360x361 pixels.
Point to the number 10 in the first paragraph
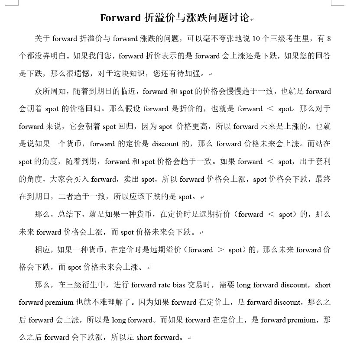(x=255, y=39)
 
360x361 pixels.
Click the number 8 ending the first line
(x=329, y=39)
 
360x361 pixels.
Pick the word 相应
(x=42, y=250)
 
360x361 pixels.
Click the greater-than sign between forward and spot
(x=221, y=250)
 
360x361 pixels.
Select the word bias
(x=179, y=285)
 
